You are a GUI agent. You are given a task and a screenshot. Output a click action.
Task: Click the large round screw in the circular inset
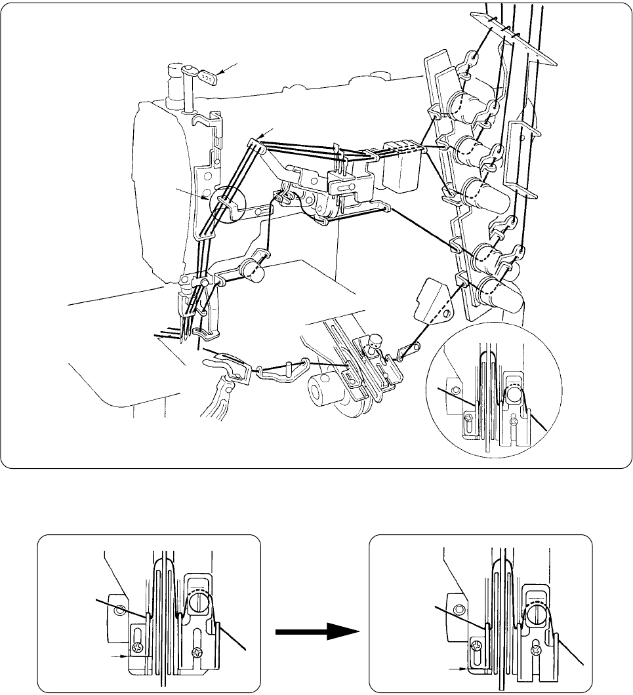click(514, 394)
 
